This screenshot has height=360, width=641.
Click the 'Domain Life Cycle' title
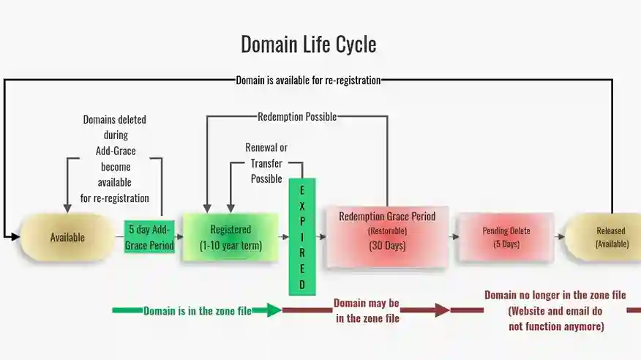pyautogui.click(x=308, y=45)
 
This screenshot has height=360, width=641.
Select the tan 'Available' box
pyautogui.click(x=67, y=237)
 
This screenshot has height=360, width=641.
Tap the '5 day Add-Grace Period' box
pyautogui.click(x=149, y=237)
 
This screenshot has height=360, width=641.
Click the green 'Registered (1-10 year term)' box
pyautogui.click(x=230, y=237)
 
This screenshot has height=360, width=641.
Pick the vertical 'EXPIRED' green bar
pyautogui.click(x=302, y=236)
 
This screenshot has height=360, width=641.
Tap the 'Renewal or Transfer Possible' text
pyautogui.click(x=266, y=162)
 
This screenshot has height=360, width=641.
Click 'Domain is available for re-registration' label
pyautogui.click(x=308, y=80)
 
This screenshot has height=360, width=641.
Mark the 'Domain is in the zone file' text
pyautogui.click(x=198, y=311)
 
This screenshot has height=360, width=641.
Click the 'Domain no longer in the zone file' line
pyautogui.click(x=555, y=295)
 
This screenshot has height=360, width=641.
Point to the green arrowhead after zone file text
pyautogui.click(x=273, y=310)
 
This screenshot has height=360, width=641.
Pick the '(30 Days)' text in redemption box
pyautogui.click(x=387, y=246)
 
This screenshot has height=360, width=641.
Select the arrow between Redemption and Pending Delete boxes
pyautogui.click(x=453, y=236)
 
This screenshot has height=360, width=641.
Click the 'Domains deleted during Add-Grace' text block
pyautogui.click(x=115, y=158)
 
